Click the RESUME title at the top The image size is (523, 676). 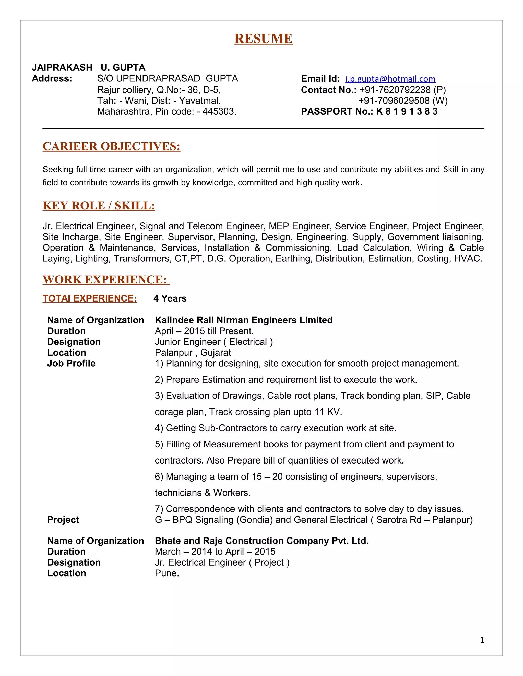[263, 39]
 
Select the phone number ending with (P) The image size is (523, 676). [402, 90]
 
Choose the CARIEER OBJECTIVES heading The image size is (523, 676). [111, 146]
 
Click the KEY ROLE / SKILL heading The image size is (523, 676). [99, 206]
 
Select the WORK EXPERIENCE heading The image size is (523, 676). [106, 280]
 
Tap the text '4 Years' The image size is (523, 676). [170, 298]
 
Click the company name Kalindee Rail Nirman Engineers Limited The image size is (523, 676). [244, 320]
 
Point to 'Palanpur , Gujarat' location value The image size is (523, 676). [193, 353]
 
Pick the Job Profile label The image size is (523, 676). [71, 363]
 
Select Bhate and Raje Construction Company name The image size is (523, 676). [261, 541]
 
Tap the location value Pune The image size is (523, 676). [167, 573]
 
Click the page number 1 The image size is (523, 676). [482, 640]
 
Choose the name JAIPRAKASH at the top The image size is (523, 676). [62, 68]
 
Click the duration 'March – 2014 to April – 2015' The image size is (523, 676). [215, 552]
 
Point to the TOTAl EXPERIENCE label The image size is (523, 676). [90, 298]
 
